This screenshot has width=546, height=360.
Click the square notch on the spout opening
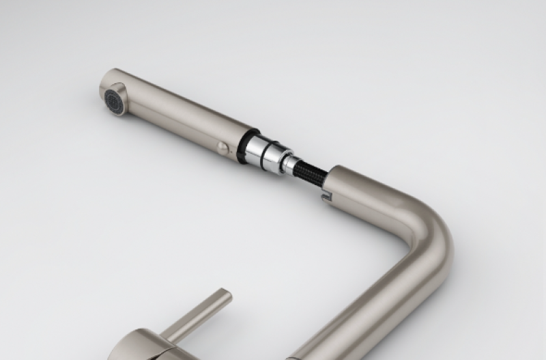(x=326, y=199)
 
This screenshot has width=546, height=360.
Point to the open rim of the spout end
(x=332, y=183)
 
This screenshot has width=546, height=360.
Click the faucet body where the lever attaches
(x=147, y=345)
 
